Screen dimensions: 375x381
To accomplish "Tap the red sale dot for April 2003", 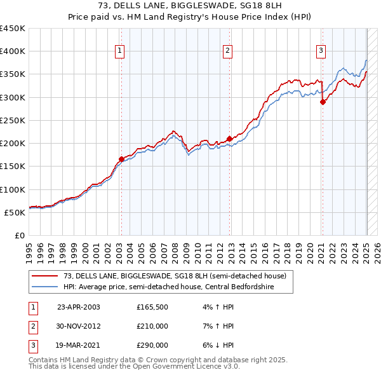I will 121,159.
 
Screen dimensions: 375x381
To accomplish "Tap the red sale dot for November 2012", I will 229,139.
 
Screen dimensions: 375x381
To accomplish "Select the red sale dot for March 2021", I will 323,102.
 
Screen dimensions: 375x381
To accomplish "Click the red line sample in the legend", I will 45,276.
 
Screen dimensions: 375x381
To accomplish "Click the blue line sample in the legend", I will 45,286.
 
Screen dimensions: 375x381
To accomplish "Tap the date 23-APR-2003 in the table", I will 79,307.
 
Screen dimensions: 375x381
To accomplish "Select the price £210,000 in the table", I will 152,326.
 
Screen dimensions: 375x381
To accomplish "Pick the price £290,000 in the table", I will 152,345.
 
